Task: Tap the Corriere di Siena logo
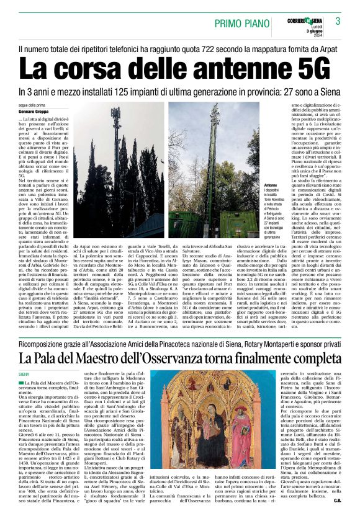(304, 20)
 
